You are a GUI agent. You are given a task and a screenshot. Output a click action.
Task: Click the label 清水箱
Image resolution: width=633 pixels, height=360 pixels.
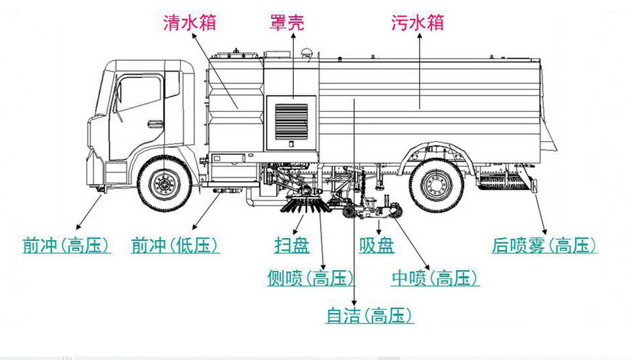pyautogui.click(x=190, y=23)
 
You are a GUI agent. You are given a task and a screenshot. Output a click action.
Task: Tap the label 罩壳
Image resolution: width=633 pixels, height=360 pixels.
pyautogui.click(x=287, y=23)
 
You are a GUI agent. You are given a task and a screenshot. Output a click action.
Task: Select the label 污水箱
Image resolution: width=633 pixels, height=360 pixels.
pyautogui.click(x=417, y=23)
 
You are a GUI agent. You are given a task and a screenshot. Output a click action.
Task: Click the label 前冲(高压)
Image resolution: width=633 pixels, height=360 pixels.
pyautogui.click(x=66, y=245)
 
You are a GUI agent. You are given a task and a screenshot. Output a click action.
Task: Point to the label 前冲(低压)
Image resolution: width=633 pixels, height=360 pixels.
pyautogui.click(x=174, y=245)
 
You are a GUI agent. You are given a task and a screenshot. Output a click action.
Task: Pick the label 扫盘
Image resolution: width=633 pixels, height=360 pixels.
pyautogui.click(x=292, y=245)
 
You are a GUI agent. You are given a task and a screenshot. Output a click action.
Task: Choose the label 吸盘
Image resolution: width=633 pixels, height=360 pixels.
pyautogui.click(x=377, y=245)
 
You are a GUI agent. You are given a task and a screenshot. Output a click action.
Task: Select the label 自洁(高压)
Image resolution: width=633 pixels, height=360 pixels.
pyautogui.click(x=370, y=314)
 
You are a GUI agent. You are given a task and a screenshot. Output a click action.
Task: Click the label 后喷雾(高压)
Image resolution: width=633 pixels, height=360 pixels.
pyautogui.click(x=545, y=245)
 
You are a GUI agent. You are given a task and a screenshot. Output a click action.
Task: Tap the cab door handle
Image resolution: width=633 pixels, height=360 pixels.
pyautogui.click(x=154, y=123)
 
